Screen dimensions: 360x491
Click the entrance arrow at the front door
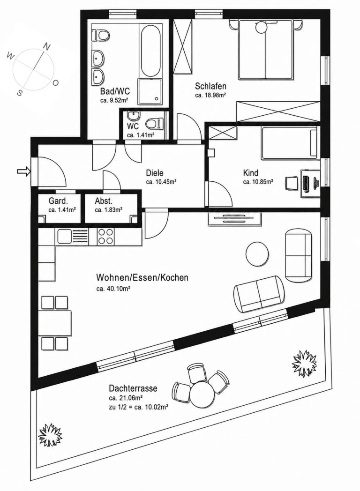23,171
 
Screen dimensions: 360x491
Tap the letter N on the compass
46,47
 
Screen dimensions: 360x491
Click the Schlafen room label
210,86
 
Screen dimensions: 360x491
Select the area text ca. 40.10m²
113,289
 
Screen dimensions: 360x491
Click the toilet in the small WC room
155,122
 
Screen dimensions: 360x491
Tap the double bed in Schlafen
266,49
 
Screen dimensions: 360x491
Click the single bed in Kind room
289,142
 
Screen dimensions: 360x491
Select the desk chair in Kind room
292,183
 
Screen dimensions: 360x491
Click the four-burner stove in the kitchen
106,237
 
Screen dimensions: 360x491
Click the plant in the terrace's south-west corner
50,435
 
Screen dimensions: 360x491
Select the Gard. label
58,201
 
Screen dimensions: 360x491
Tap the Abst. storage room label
104,201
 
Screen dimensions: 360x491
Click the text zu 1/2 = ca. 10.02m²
139,407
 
